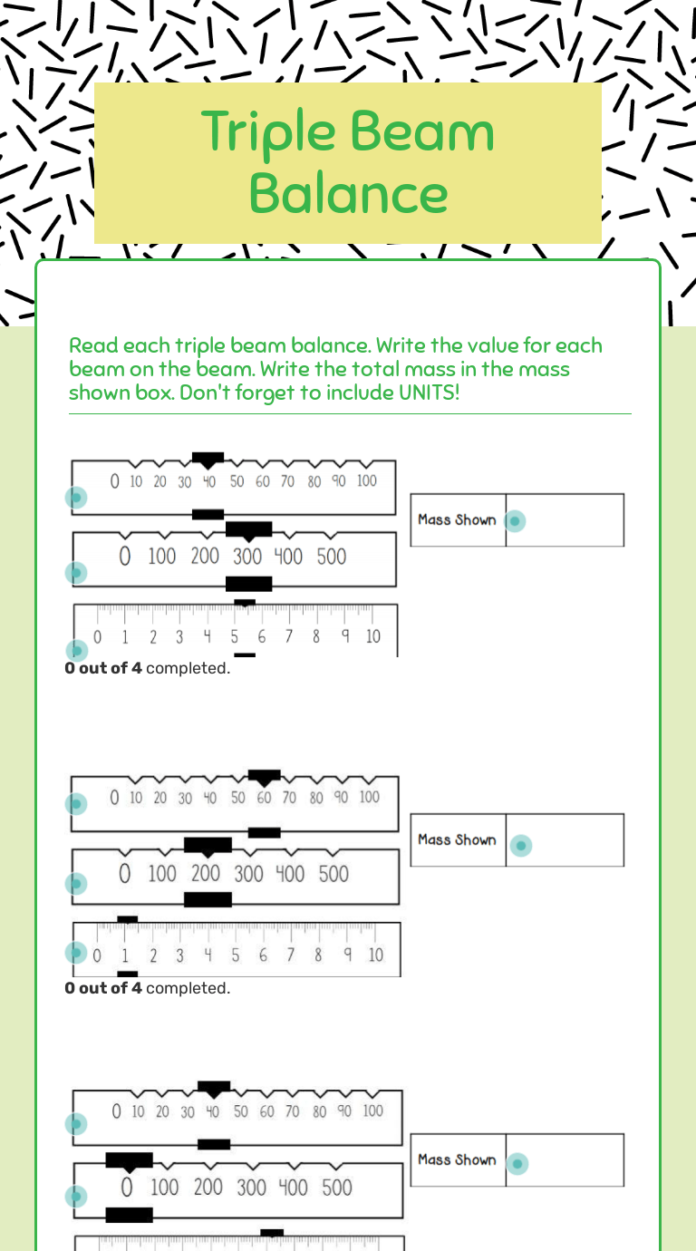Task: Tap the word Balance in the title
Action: (348, 193)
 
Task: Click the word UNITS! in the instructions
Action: (430, 393)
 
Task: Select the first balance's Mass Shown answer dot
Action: (515, 521)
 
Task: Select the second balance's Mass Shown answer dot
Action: (521, 846)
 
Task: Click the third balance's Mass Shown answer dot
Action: (517, 1164)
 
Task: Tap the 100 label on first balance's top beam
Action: (367, 480)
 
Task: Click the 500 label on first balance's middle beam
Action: (332, 557)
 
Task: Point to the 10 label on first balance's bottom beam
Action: (372, 636)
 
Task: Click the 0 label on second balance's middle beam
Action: (124, 874)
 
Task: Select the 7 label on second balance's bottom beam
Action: (290, 955)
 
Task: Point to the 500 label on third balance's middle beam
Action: (337, 1188)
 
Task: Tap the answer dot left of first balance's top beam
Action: (76, 498)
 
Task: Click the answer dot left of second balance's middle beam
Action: (76, 884)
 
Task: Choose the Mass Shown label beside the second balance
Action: (457, 840)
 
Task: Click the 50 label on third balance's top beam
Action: (240, 1111)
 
